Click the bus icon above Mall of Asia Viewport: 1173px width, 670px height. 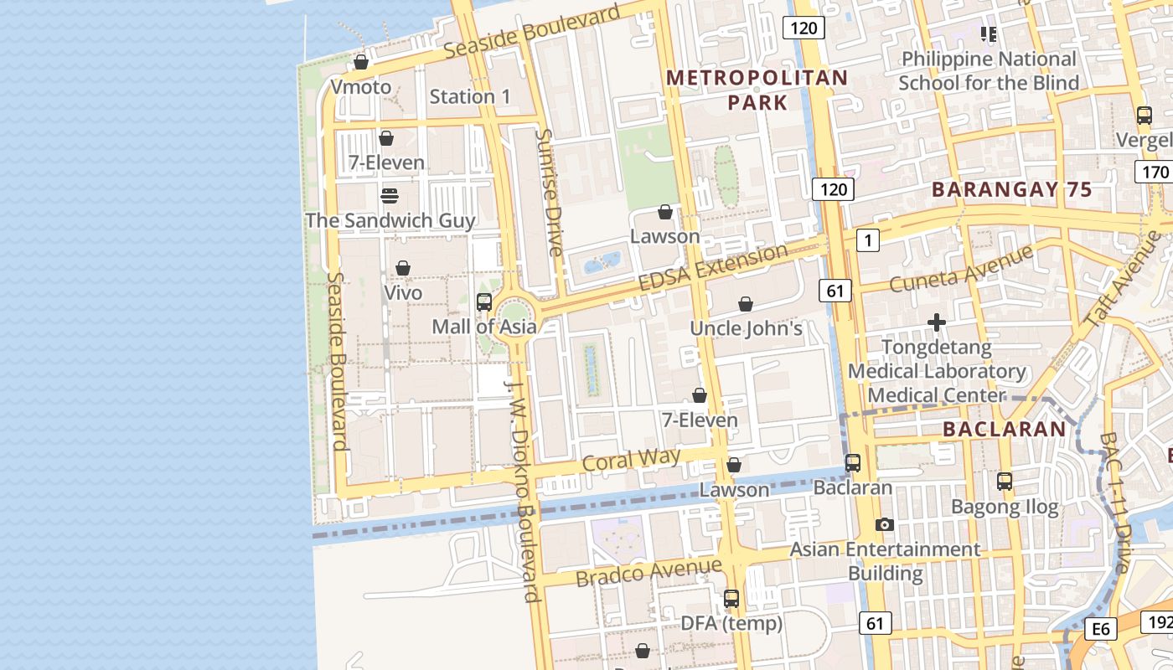coord(483,302)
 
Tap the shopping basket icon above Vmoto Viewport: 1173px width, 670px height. coord(361,62)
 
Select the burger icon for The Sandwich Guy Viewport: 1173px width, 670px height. coord(389,196)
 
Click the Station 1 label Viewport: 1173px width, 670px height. coord(469,96)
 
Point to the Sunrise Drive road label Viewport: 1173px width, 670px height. coord(549,192)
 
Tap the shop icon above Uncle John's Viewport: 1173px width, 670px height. coord(746,304)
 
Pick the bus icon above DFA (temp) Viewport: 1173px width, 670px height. coord(731,599)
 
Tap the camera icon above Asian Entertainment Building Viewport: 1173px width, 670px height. coord(884,525)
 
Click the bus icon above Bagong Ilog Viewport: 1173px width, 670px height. coord(1005,482)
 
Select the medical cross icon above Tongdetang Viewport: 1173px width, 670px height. coord(937,322)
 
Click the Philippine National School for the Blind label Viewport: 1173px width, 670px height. coord(989,71)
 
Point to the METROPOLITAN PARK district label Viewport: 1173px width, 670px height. coord(757,90)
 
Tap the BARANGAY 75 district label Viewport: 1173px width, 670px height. coord(1012,190)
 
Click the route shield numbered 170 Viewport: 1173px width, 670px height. coord(1153,173)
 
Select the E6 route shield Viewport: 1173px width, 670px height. coord(1101,629)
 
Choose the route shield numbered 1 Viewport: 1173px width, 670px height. coord(868,241)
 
